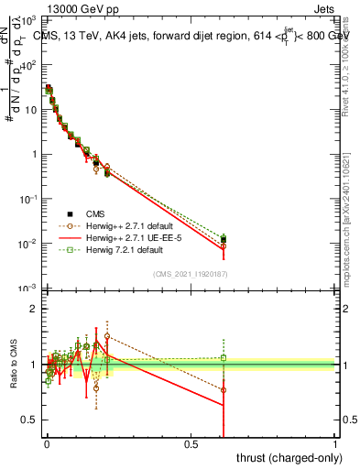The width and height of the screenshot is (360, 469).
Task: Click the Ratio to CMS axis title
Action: point(16,365)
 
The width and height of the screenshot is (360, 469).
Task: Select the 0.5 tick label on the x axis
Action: point(191,444)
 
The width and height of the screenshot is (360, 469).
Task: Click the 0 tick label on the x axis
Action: point(47,444)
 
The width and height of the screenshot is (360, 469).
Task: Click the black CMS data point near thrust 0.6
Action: point(224,240)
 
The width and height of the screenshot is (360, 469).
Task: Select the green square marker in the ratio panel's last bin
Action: point(224,357)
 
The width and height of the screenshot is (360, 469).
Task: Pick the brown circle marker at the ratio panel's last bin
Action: point(224,389)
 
